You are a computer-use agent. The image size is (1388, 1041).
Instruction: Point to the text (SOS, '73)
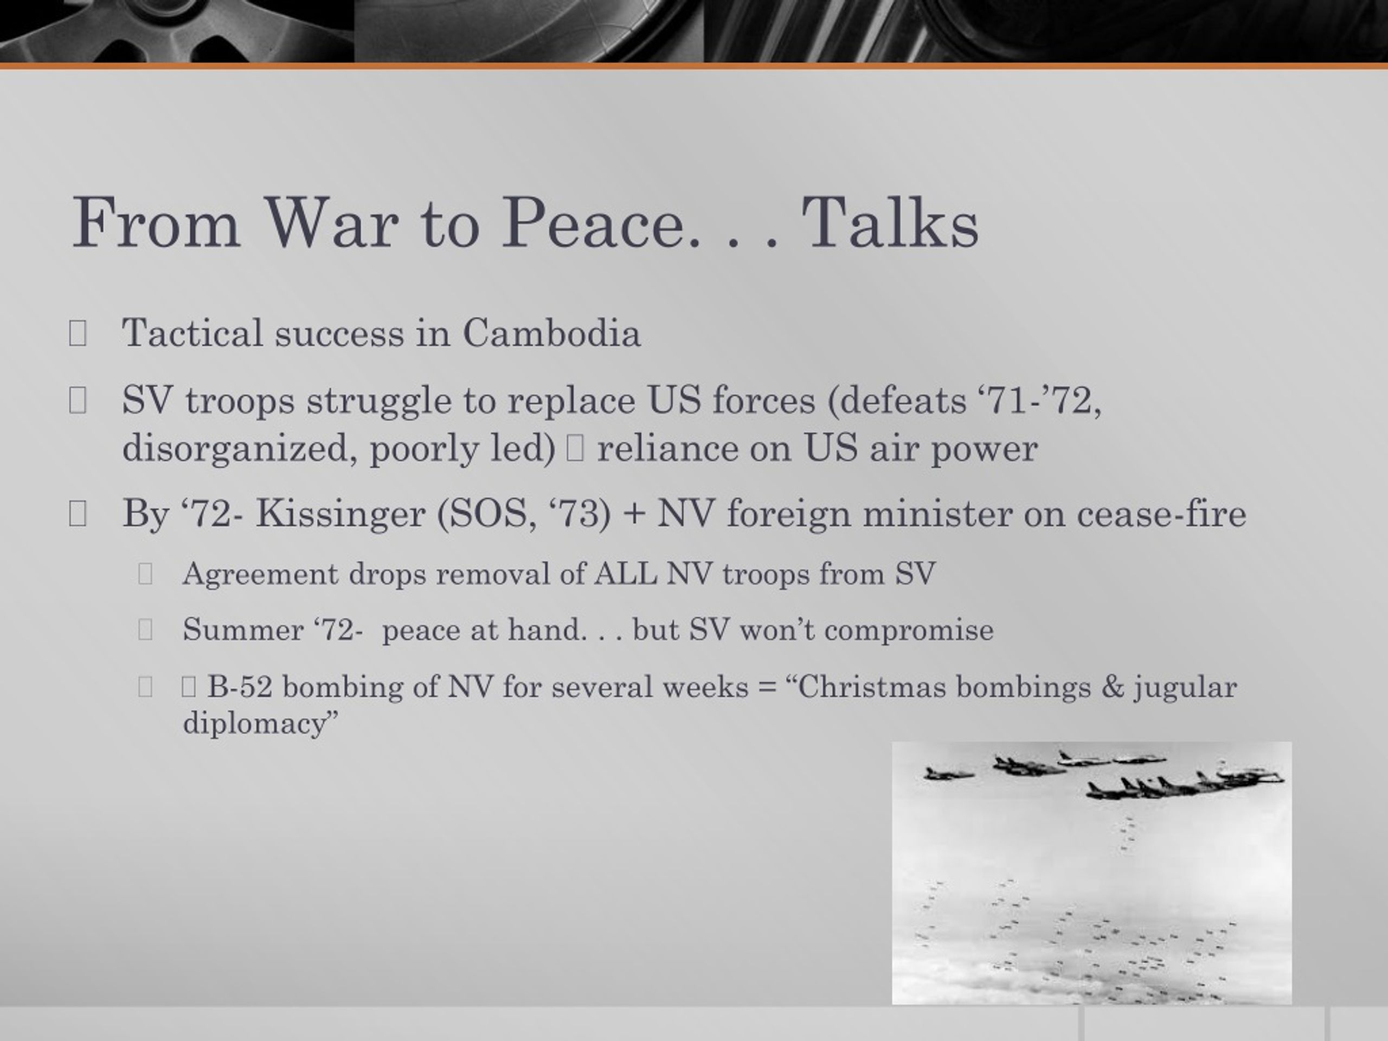[523, 515]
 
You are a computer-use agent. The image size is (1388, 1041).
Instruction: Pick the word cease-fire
[1161, 514]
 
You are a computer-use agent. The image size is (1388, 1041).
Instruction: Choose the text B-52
[240, 686]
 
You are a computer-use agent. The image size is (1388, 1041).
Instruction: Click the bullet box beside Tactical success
[77, 333]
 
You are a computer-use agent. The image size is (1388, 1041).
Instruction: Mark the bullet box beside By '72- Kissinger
[77, 514]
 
